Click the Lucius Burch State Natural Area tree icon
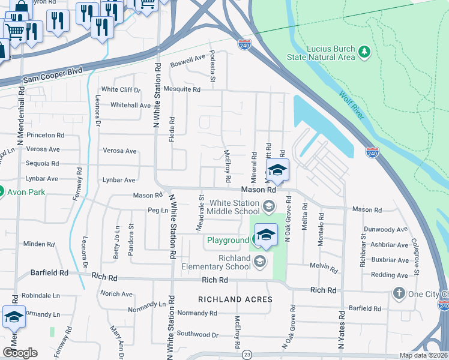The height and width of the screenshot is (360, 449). click(x=364, y=52)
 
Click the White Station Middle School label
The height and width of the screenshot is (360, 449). click(x=234, y=207)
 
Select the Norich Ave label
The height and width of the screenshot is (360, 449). click(x=116, y=293)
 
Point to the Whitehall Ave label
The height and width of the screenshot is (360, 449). click(x=130, y=105)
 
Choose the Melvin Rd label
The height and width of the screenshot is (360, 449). click(x=321, y=265)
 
